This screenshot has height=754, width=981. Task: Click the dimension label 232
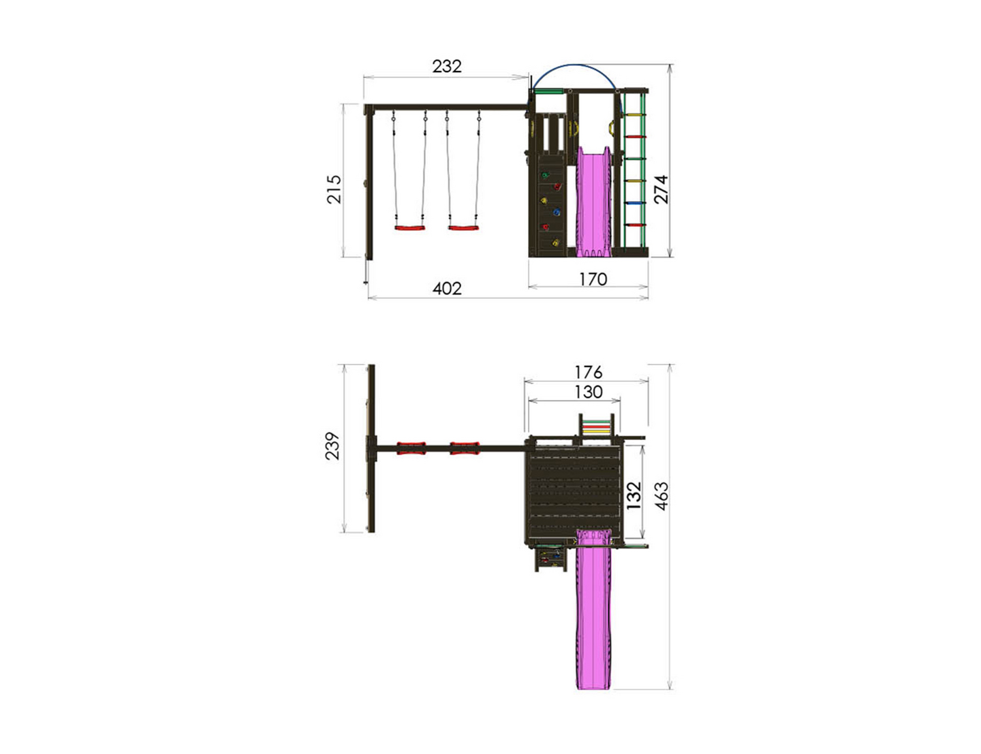[x=446, y=66]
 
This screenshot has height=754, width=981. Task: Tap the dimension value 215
[x=334, y=189]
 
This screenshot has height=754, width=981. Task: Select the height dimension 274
[x=661, y=189]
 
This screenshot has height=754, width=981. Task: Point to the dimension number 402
[x=447, y=288]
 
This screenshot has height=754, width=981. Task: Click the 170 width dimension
[x=593, y=279]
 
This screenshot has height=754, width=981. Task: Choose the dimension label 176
[x=588, y=373]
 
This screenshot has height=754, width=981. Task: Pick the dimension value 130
[x=588, y=392]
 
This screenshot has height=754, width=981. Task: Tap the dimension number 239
[x=332, y=446]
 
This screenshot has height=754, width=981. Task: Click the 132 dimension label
[x=634, y=496]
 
